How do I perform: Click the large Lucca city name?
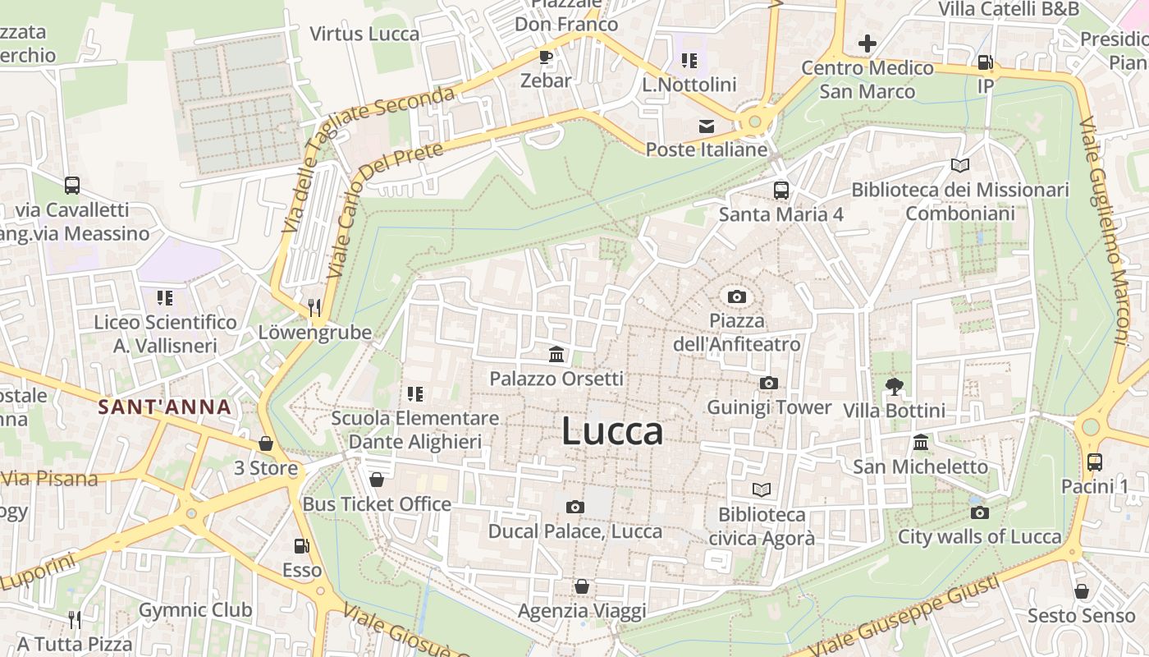(x=612, y=432)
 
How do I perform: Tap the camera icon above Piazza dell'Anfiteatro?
(x=737, y=296)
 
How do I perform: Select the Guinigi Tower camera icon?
(x=769, y=383)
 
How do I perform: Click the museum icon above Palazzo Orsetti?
(x=556, y=355)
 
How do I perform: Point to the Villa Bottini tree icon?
(x=894, y=386)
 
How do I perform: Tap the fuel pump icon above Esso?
(x=301, y=545)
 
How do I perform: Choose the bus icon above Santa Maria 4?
(x=780, y=191)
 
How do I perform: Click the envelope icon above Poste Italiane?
(x=706, y=126)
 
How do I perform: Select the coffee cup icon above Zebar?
(x=545, y=57)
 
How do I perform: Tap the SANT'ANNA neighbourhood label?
(x=164, y=407)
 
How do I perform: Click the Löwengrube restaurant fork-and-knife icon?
(x=314, y=308)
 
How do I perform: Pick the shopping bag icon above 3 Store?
(x=266, y=443)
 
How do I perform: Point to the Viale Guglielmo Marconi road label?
(x=1105, y=230)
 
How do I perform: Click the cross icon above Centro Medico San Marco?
(x=867, y=44)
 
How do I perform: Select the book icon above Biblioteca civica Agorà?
(x=762, y=489)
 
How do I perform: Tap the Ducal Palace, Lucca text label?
(x=574, y=531)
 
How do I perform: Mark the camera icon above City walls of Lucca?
(x=979, y=513)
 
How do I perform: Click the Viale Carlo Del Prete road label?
(x=383, y=208)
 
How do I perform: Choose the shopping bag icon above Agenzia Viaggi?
(x=581, y=586)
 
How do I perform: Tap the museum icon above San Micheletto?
(x=921, y=443)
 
